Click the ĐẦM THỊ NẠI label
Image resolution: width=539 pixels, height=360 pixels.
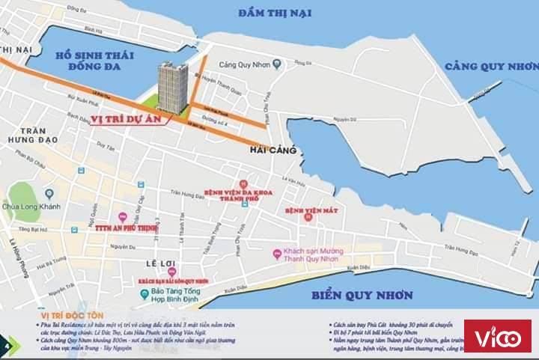click(275, 12)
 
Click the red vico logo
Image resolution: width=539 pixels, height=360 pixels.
click(498, 336)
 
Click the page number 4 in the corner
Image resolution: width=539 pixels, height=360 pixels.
click(7, 345)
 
